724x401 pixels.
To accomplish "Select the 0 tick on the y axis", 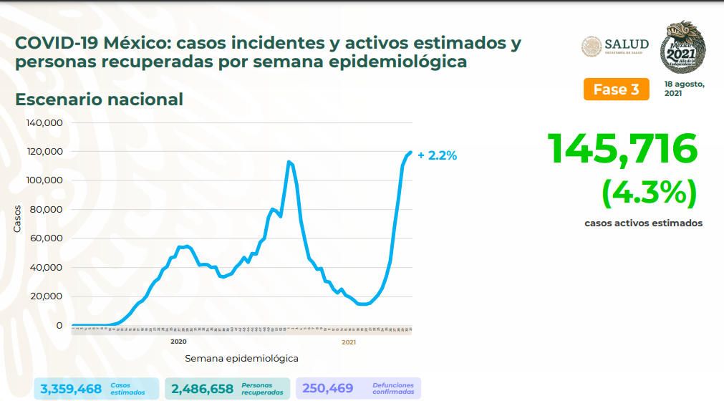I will click(x=59, y=326).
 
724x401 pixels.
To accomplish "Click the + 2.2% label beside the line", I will click(x=437, y=155).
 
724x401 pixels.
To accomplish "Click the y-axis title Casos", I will click(x=16, y=218).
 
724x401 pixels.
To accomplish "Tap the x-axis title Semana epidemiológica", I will click(x=241, y=358).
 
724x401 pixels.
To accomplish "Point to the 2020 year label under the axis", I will click(x=179, y=342).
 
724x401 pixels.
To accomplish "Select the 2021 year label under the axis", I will click(x=349, y=342).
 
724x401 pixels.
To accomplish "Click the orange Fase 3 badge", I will click(x=616, y=90).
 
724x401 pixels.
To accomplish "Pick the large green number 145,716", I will click(x=622, y=149).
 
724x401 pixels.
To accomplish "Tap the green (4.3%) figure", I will click(x=650, y=191).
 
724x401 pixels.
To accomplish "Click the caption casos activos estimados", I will click(x=643, y=223).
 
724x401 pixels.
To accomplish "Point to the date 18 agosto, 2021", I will click(x=684, y=88).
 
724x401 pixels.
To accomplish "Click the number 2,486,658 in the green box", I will click(x=203, y=389).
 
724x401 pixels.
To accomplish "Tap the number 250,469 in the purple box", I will click(x=327, y=389).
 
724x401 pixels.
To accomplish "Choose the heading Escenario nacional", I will click(x=99, y=99).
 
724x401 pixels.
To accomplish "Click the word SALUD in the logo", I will click(x=627, y=44).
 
